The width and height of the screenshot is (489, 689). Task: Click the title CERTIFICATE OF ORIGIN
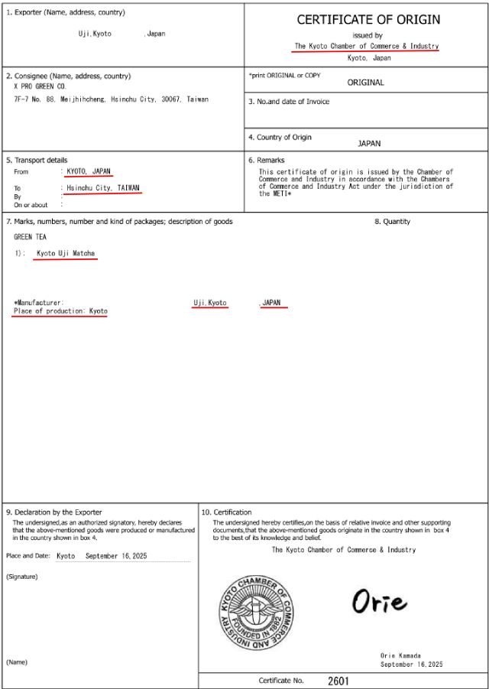368,20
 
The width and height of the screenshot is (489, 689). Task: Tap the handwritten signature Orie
379,602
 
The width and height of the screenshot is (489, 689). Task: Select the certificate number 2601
338,681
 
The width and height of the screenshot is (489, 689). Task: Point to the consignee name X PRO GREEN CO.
40,87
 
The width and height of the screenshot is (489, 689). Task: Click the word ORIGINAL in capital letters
365,83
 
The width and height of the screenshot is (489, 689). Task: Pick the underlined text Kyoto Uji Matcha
66,253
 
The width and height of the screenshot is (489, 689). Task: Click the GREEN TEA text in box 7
30,237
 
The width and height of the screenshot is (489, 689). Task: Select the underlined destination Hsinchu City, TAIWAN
103,187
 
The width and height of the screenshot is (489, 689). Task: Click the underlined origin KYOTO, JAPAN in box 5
89,171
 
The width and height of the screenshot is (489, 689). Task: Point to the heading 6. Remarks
266,160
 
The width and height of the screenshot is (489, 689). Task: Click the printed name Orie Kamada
400,656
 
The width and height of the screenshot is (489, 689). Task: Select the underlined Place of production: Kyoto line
60,311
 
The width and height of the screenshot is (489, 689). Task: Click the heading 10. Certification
226,512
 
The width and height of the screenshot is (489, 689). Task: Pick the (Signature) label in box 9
21,576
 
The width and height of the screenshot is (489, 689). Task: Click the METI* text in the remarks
282,193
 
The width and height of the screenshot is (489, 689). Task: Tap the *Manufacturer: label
39,303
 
